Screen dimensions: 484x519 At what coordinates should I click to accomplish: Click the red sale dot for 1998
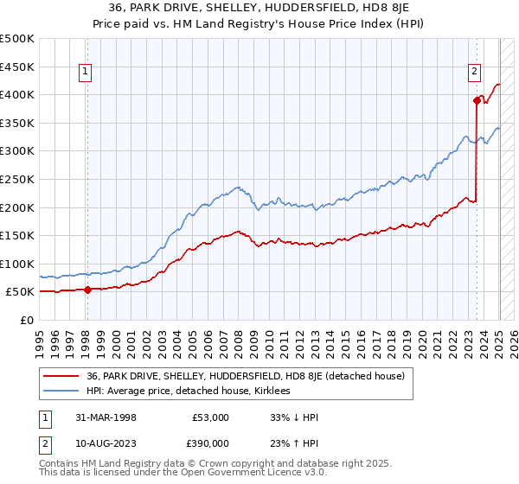(87, 290)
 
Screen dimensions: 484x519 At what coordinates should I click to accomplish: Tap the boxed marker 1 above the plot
(86, 73)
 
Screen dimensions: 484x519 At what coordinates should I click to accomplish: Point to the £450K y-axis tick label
(17, 67)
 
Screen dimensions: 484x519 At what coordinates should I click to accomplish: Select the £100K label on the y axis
(17, 264)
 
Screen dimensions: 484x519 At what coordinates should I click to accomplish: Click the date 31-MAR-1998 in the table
(104, 417)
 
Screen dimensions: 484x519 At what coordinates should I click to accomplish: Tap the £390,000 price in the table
(210, 443)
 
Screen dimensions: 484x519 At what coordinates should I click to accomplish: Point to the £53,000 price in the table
(210, 417)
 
